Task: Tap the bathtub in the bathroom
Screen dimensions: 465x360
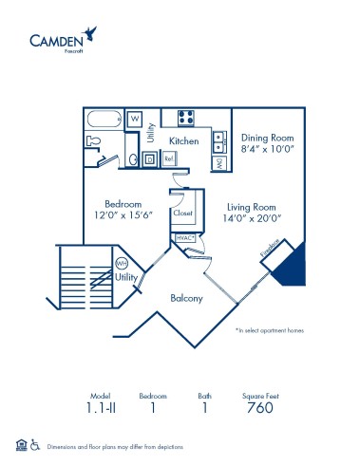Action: (x=103, y=121)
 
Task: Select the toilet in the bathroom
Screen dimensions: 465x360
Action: (x=93, y=140)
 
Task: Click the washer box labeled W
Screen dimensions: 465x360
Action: (x=136, y=119)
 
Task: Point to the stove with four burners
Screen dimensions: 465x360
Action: (x=186, y=119)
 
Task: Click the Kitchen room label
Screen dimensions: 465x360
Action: (x=183, y=140)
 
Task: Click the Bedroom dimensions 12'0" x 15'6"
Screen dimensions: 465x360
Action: (x=123, y=217)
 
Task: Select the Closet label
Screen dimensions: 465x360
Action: (x=182, y=214)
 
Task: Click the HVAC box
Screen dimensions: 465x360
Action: (x=184, y=237)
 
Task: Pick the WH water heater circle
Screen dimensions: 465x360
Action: (x=122, y=263)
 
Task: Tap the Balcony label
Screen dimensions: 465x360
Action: (x=186, y=298)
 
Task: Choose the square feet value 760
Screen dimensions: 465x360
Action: (x=259, y=408)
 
